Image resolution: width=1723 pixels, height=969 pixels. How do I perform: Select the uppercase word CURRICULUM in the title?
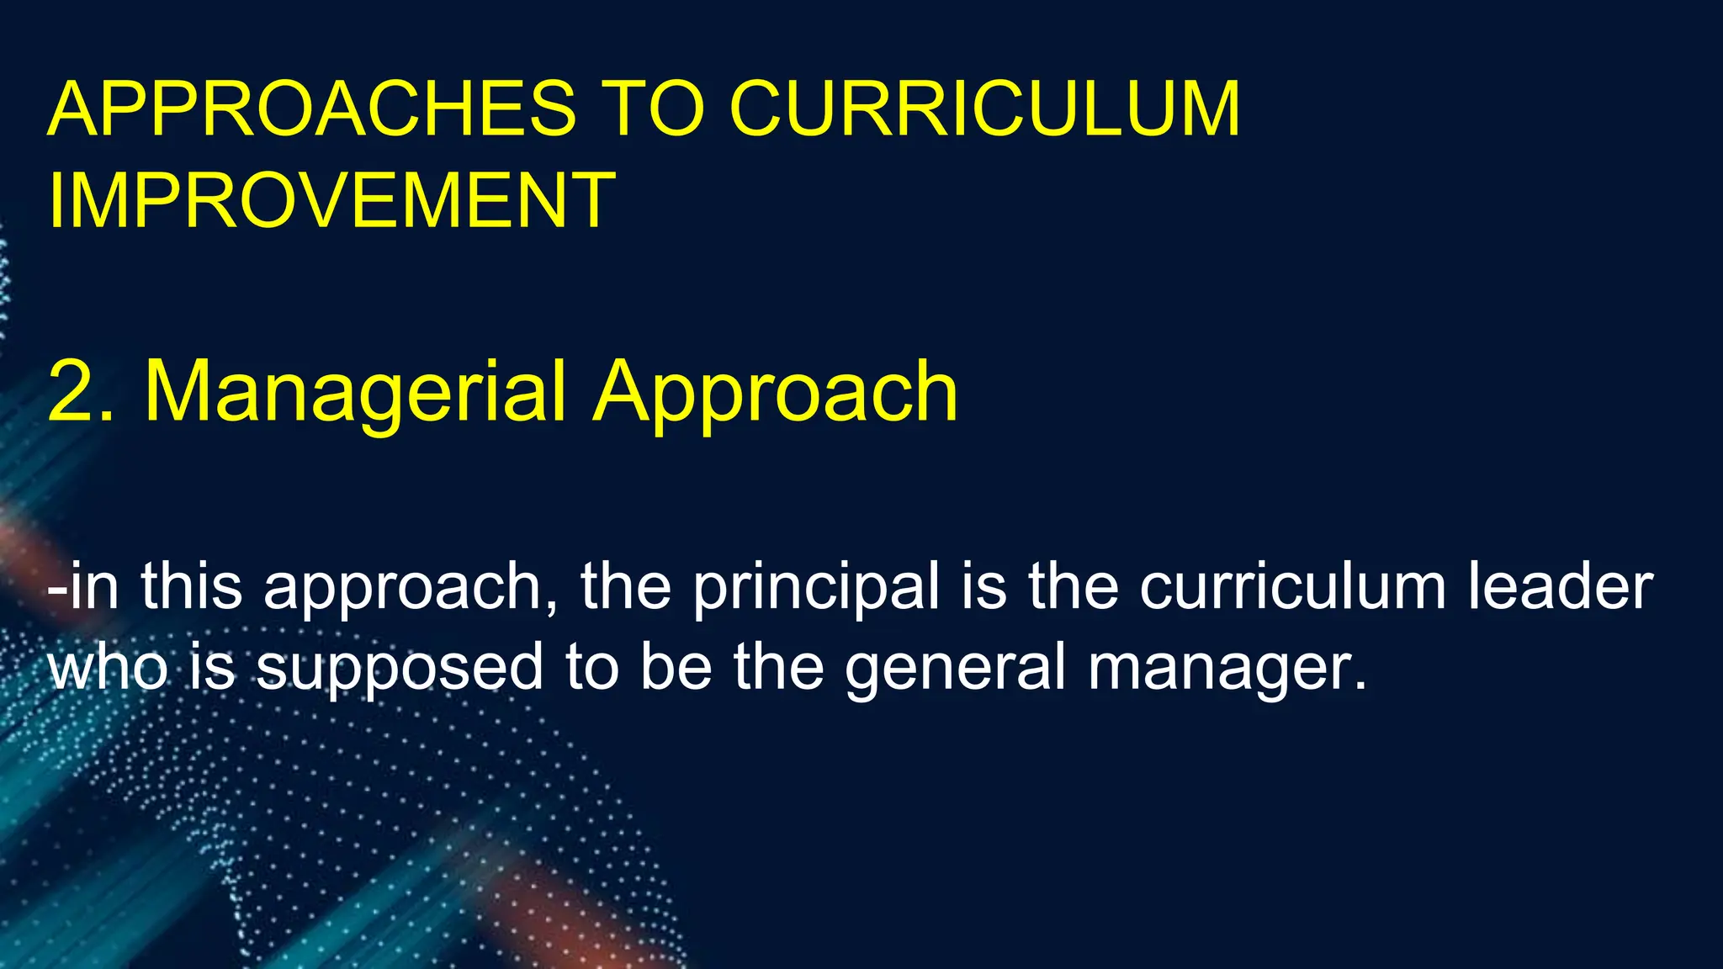(984, 109)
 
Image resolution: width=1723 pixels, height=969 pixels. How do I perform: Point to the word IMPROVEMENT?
(332, 200)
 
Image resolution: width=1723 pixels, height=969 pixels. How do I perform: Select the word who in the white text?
(108, 666)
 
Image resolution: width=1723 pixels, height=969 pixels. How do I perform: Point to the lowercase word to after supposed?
(588, 666)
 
